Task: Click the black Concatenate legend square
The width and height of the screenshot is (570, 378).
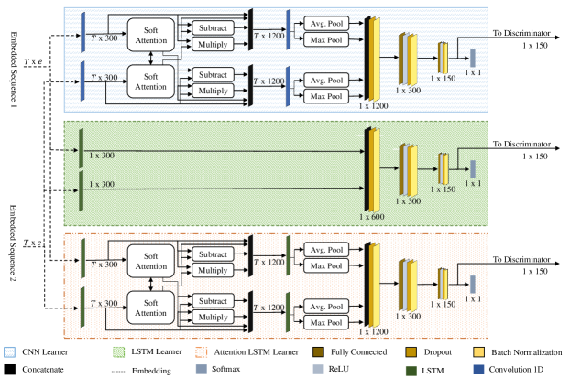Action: click(x=9, y=368)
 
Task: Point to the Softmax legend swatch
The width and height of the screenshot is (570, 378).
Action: click(x=202, y=368)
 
